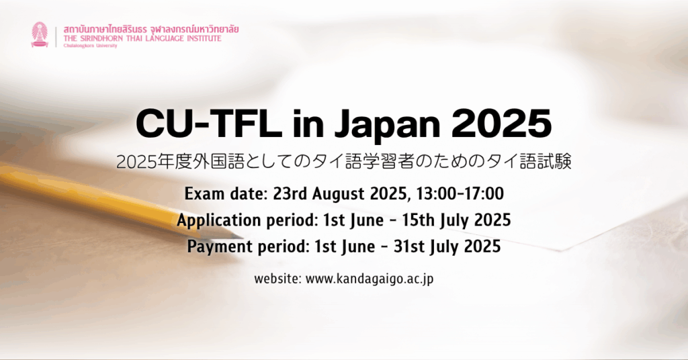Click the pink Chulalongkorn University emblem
[x=40, y=35]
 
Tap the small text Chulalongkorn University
[x=91, y=46]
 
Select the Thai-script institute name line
[x=151, y=30]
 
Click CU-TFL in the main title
[x=209, y=124]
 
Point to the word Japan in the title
[x=388, y=125]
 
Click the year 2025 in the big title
[x=501, y=124]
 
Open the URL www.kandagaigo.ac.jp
[x=370, y=279]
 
